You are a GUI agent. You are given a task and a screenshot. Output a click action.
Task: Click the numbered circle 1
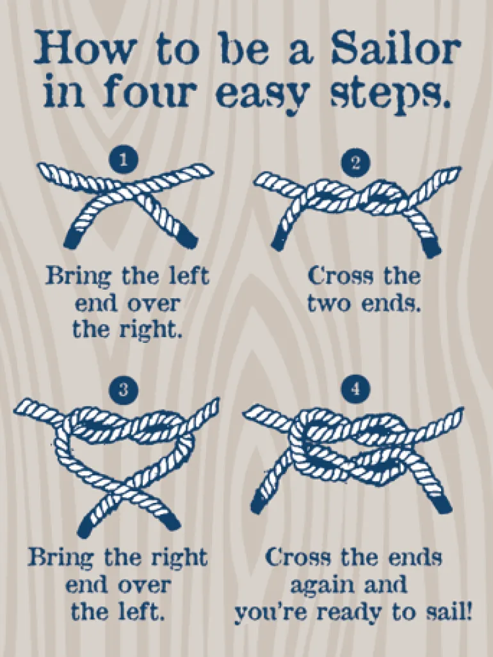[123, 160]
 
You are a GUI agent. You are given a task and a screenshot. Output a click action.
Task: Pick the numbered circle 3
[123, 390]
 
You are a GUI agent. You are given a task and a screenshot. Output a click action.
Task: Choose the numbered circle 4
[356, 389]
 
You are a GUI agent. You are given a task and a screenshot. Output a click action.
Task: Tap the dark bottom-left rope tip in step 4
[260, 502]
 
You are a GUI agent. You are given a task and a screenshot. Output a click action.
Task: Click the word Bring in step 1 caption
[79, 277]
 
